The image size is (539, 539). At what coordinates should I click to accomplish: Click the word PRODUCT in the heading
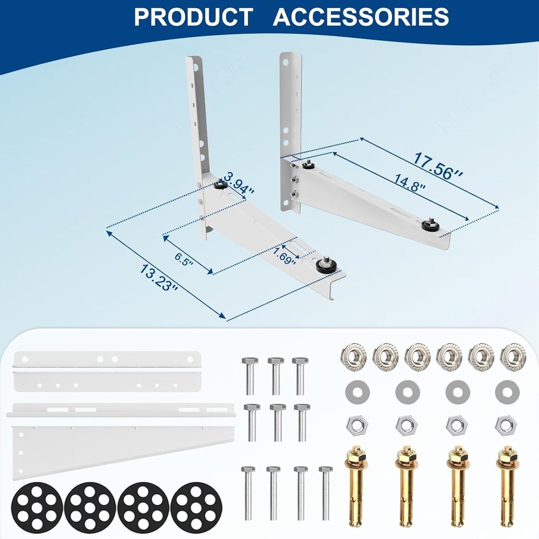click(x=192, y=17)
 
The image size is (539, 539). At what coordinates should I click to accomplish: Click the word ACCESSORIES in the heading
click(x=361, y=17)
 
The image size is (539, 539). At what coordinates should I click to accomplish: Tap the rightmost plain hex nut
click(x=506, y=425)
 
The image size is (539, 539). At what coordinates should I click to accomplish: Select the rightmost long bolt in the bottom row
click(x=325, y=492)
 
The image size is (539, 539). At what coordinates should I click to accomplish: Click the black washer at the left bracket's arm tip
click(x=325, y=265)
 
